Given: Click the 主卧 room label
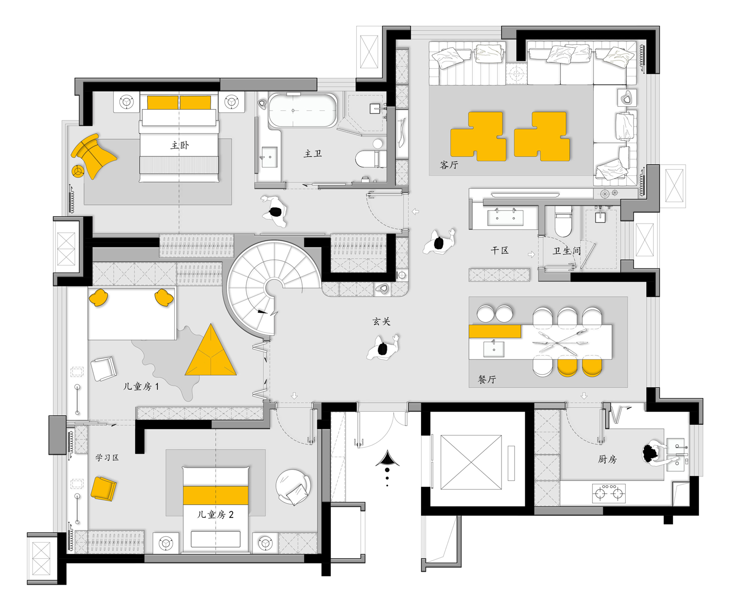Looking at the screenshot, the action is [x=179, y=145].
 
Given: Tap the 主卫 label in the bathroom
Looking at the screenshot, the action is [x=312, y=153].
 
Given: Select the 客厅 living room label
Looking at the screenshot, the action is [x=449, y=165].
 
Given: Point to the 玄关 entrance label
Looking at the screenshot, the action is [x=381, y=322].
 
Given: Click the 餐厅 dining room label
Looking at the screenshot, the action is [x=487, y=379].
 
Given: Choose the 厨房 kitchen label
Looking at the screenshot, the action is [x=607, y=459].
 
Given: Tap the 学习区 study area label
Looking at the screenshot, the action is [x=107, y=457].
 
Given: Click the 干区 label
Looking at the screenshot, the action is [x=500, y=250].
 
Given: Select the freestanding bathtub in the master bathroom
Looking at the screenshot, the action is [x=303, y=110].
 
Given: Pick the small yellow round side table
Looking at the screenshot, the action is [x=77, y=171].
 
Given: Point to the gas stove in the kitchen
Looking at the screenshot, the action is [x=609, y=493].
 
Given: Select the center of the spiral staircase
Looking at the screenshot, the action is [x=273, y=288].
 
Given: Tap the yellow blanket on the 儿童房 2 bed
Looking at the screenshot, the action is [x=215, y=495].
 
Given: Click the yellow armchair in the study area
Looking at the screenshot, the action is [x=103, y=489].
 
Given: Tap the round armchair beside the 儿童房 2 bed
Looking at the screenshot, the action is [x=293, y=487].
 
